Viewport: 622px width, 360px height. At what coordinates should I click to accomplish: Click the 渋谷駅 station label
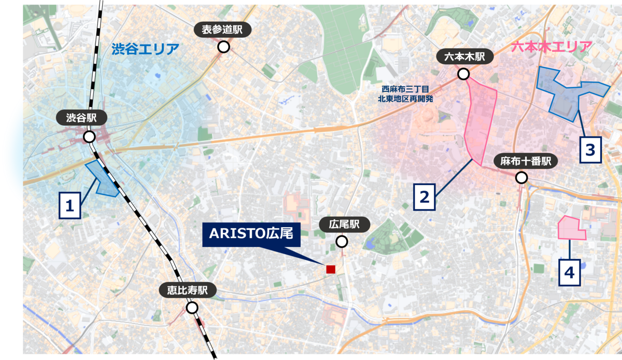click(81, 118)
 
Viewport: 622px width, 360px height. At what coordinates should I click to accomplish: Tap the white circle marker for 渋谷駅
click(89, 137)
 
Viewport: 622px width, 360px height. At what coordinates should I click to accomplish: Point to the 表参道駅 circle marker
click(223, 47)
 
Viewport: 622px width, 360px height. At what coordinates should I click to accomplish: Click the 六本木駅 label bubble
click(464, 57)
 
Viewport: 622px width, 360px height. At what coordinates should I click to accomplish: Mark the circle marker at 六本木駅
click(463, 74)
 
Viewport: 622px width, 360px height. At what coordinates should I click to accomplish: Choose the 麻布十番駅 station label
click(525, 161)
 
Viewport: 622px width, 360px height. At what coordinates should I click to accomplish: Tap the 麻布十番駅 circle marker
click(521, 178)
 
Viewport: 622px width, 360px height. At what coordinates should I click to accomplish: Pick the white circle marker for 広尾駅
click(342, 242)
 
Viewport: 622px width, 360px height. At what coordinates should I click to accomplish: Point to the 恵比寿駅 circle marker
click(192, 308)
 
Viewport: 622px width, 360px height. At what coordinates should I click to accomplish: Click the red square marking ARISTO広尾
click(330, 269)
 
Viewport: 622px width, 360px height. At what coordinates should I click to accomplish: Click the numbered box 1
click(70, 206)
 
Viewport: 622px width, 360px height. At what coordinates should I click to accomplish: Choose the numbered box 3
click(590, 150)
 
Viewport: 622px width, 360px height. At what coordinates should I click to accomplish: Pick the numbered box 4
click(569, 272)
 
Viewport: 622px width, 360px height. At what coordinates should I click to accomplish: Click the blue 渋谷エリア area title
click(145, 49)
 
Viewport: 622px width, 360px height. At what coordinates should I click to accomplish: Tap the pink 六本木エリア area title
click(551, 47)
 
